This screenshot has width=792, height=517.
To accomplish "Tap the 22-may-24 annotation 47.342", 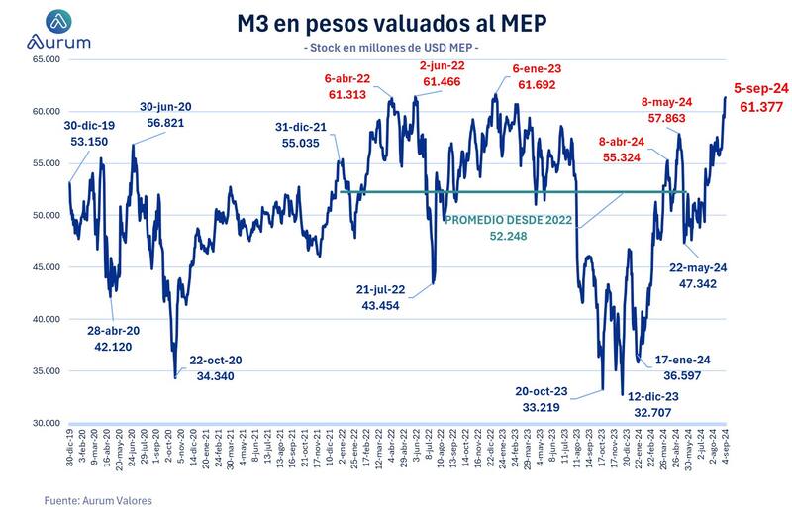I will (x=698, y=276).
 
